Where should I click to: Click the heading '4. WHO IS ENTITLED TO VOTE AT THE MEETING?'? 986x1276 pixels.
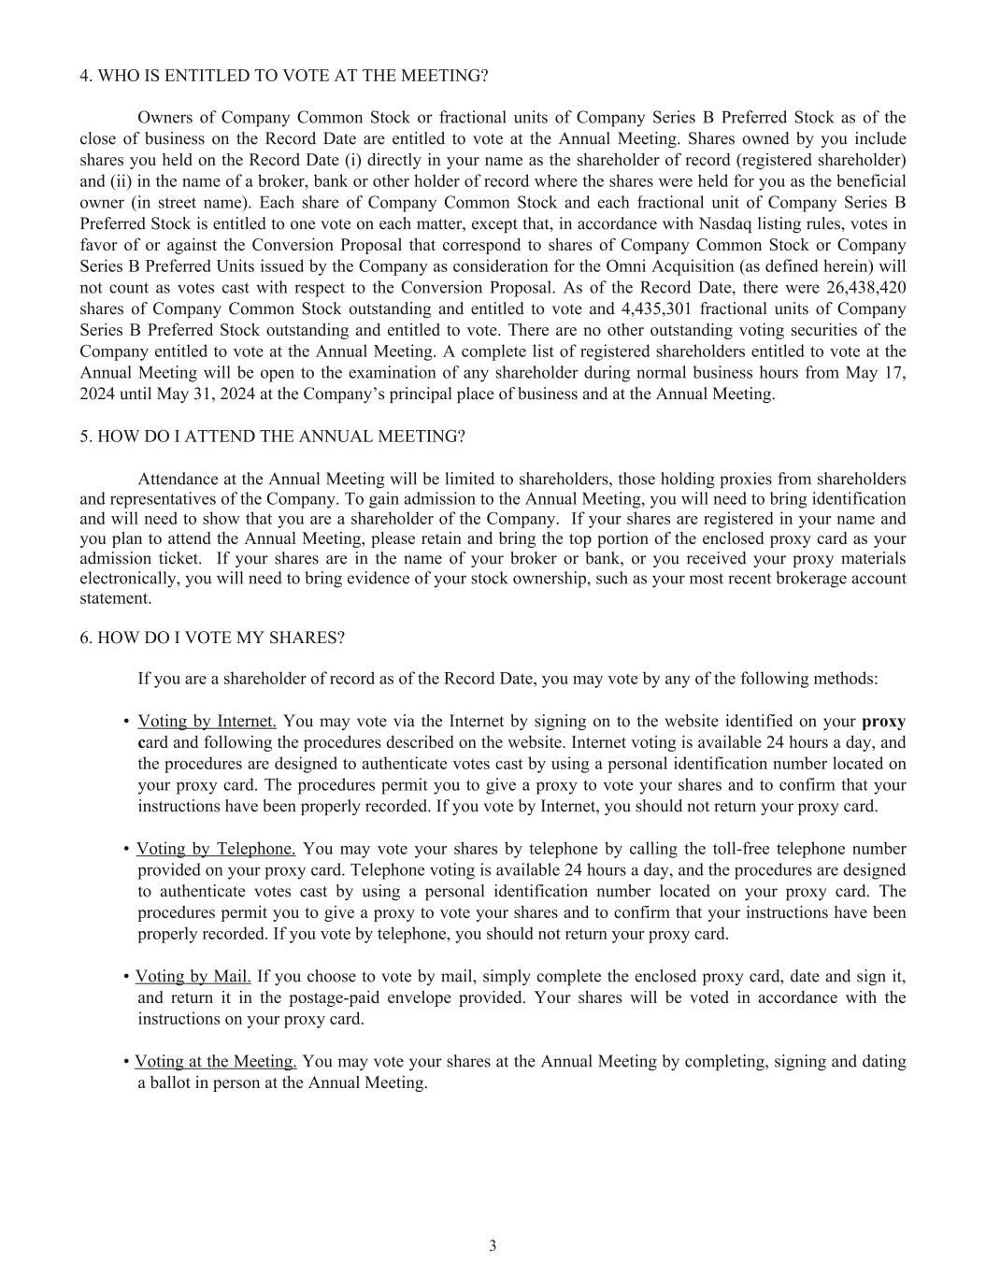pos(283,76)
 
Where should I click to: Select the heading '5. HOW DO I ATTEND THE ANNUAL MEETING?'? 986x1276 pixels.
pos(272,437)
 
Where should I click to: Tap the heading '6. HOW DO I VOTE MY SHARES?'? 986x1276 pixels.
pos(212,638)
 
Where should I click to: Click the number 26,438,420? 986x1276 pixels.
pos(866,288)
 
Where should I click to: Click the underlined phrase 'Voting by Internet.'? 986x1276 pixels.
pos(207,722)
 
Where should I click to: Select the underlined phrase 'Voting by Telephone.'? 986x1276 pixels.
pos(216,849)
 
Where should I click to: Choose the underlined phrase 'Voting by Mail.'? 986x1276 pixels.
pos(193,977)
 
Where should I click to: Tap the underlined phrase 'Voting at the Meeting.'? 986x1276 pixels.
pos(216,1062)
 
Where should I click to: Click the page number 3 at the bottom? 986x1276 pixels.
pos(493,1246)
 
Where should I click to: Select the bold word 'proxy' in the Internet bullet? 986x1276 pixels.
pos(883,722)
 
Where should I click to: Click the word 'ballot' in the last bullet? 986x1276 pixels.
pos(172,1083)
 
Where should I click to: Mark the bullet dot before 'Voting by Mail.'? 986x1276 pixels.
pos(126,977)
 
